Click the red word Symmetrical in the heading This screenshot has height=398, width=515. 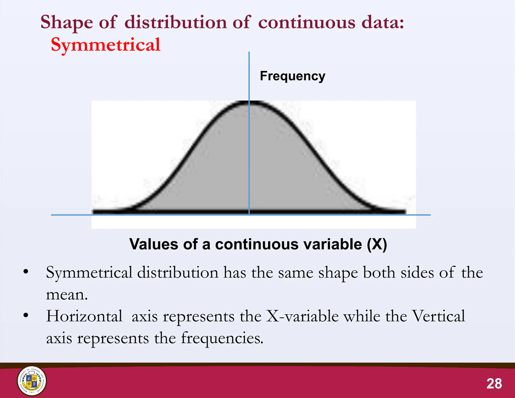coord(106,45)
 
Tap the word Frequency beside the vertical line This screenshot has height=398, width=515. coord(292,76)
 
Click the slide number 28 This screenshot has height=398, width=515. coord(494,384)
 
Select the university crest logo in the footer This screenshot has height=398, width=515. coord(32,381)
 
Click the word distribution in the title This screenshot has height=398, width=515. coord(176,22)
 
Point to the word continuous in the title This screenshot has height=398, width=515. coord(307,22)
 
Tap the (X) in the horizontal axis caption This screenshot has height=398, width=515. coord(377,244)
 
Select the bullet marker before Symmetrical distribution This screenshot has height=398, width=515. coord(25,272)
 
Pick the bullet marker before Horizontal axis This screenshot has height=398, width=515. coord(25,315)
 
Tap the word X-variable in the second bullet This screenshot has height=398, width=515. coord(302,316)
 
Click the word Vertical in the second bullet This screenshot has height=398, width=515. coord(439,316)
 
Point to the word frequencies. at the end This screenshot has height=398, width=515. coord(222,338)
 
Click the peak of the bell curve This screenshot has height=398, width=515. coord(249,102)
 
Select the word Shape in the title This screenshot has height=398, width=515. coord(67,22)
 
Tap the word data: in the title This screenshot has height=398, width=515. coord(382,22)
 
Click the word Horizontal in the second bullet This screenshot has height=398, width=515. coord(84,316)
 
